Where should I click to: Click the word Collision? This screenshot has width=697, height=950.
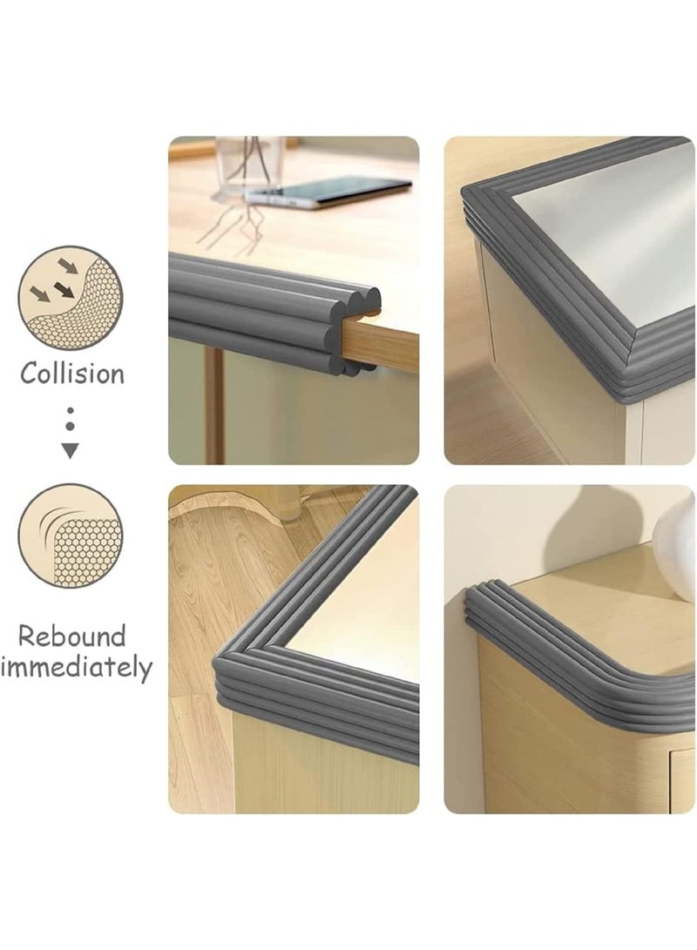(x=72, y=374)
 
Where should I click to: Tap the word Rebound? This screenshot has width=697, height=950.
(x=72, y=636)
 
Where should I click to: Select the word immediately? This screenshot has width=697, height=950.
(x=77, y=668)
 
